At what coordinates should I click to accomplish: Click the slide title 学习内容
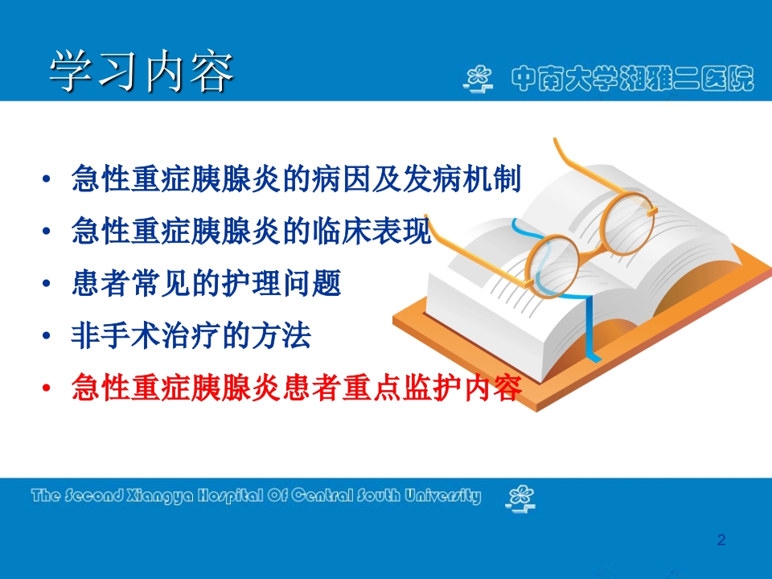pyautogui.click(x=142, y=73)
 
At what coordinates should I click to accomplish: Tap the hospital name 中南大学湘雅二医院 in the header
pyautogui.click(x=633, y=78)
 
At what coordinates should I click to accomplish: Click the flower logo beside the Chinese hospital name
pyautogui.click(x=480, y=79)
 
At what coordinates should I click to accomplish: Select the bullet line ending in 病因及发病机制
pyautogui.click(x=297, y=179)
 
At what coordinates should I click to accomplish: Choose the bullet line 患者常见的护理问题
pyautogui.click(x=207, y=284)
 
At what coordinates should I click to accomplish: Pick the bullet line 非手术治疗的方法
pyautogui.click(x=191, y=336)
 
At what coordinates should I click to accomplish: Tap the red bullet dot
pyautogui.click(x=49, y=389)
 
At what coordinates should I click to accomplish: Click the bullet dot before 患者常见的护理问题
pyautogui.click(x=49, y=285)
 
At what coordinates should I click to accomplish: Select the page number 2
pyautogui.click(x=721, y=540)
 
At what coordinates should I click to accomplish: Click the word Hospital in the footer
pyautogui.click(x=217, y=496)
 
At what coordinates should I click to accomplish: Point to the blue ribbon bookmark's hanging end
pyautogui.click(x=591, y=346)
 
